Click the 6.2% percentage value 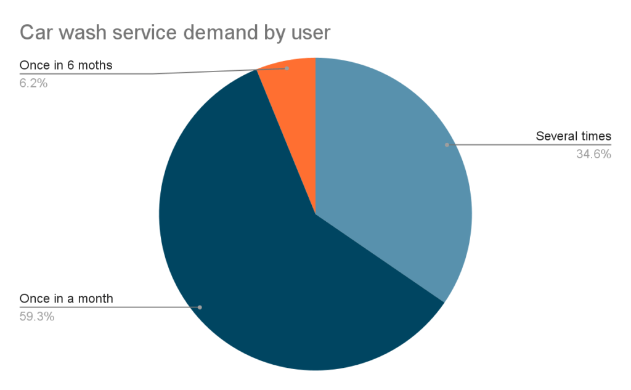coord(33,83)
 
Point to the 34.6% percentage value coord(593,154)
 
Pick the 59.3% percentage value coord(37,317)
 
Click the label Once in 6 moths coord(66,65)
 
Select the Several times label coord(573,136)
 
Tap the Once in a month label coord(67,299)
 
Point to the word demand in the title coord(236,32)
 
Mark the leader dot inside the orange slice coord(287,68)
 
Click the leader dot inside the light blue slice coord(447,145)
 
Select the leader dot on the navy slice coord(200,307)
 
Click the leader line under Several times coord(530,145)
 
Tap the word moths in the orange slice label coord(96,65)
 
